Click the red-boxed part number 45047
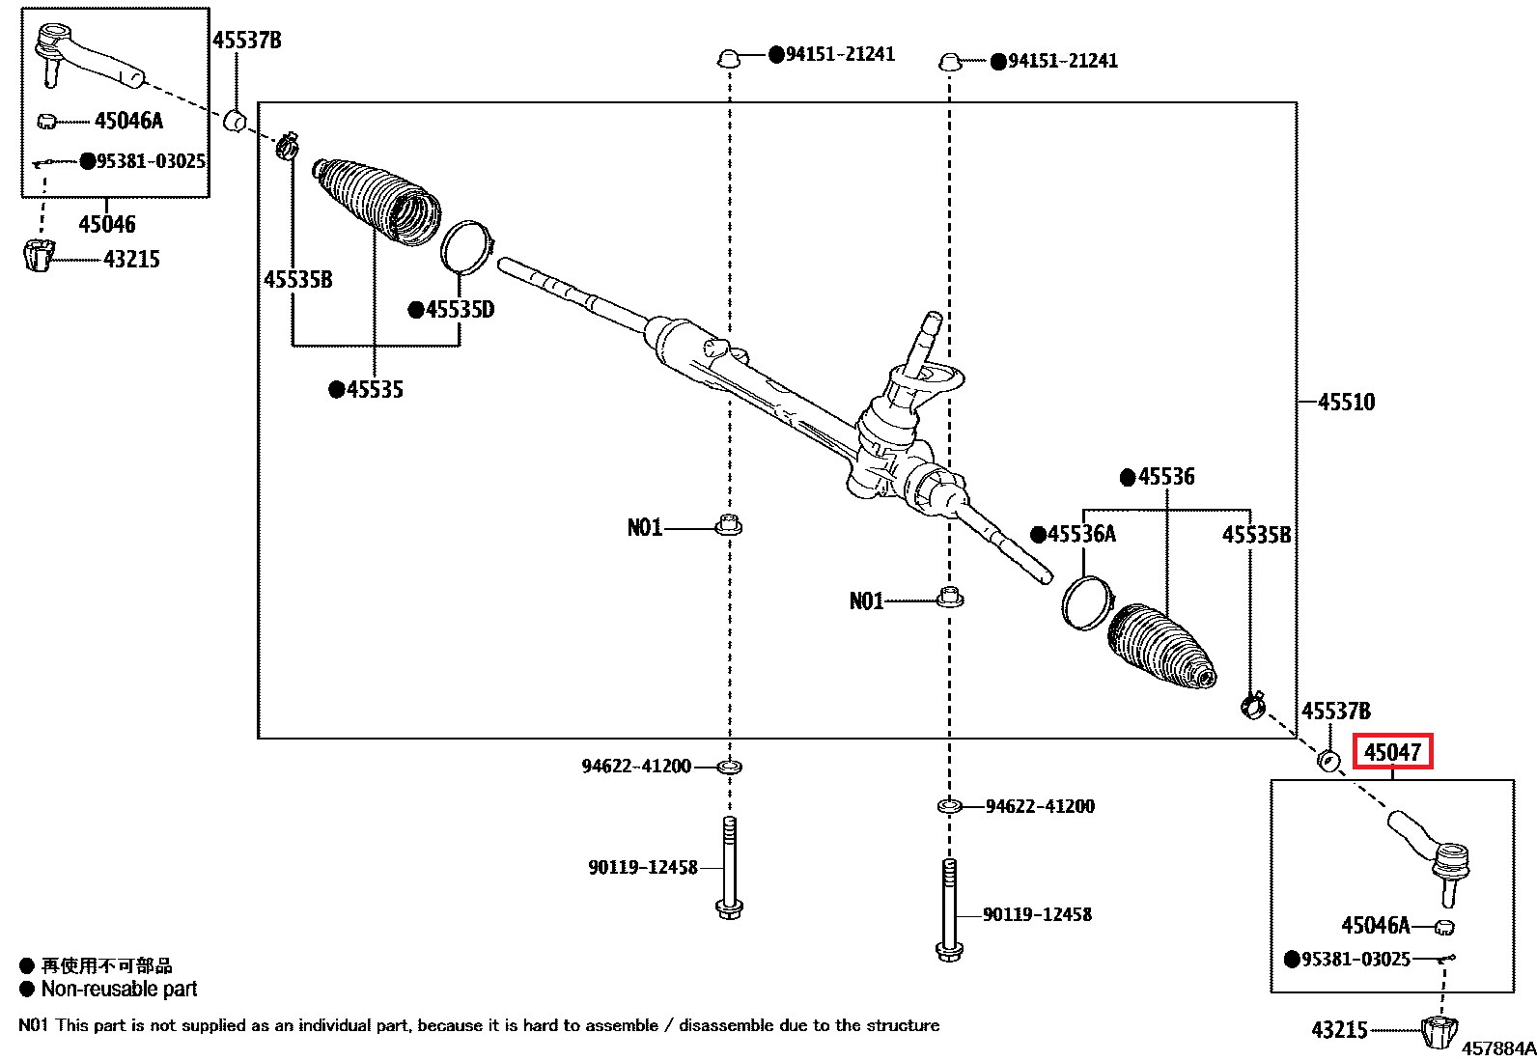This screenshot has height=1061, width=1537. click(1392, 752)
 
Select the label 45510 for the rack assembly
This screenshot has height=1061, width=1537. click(1346, 403)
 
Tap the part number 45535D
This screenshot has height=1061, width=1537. click(460, 310)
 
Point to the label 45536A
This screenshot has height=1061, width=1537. click(1081, 534)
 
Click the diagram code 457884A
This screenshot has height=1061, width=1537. click(1498, 1048)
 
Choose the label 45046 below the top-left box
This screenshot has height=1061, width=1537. click(107, 224)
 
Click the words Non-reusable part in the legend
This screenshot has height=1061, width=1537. click(120, 989)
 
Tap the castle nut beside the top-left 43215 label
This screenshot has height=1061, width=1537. click(40, 256)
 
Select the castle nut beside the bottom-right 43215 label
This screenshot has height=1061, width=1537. click(1439, 1031)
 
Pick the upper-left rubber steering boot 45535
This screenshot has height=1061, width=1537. click(377, 203)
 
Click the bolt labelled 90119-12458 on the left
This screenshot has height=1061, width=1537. click(729, 868)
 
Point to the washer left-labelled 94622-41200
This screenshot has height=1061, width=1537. click(729, 767)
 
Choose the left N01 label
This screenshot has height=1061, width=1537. click(645, 528)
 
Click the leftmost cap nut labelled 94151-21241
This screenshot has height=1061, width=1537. click(729, 58)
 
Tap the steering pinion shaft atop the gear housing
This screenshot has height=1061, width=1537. click(923, 343)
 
